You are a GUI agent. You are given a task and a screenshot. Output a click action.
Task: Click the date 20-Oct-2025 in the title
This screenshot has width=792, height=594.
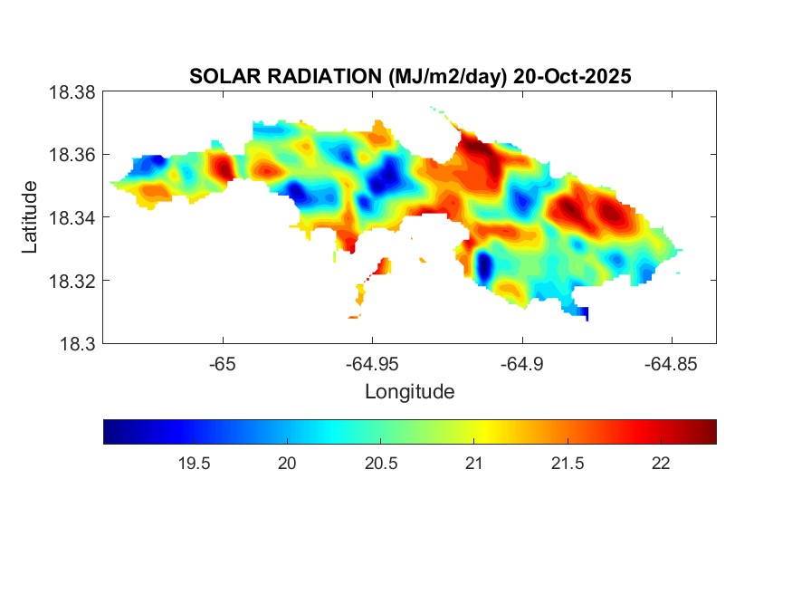click(572, 77)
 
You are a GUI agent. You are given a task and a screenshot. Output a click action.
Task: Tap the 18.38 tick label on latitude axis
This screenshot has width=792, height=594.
click(72, 92)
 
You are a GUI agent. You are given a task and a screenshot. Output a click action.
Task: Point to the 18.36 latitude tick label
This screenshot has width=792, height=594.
click(72, 155)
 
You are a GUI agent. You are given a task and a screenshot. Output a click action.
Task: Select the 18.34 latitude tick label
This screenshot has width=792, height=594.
click(72, 217)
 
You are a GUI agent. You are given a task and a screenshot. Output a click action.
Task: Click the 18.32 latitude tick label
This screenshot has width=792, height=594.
click(72, 281)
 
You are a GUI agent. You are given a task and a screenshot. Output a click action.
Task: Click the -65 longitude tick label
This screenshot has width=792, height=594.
click(222, 364)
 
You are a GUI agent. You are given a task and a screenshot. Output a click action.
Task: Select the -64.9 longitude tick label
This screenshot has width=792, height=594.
click(520, 364)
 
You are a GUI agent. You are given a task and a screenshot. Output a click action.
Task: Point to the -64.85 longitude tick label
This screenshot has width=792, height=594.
click(670, 364)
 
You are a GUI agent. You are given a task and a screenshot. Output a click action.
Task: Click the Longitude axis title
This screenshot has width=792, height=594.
click(409, 392)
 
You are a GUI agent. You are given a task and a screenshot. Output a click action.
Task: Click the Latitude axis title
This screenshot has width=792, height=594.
click(31, 217)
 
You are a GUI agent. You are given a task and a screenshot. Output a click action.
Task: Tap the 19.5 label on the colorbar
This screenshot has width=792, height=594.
click(195, 464)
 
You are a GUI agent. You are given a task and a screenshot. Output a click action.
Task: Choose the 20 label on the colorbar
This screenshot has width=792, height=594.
click(288, 464)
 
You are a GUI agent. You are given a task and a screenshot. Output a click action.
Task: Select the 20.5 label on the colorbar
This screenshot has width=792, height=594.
click(381, 464)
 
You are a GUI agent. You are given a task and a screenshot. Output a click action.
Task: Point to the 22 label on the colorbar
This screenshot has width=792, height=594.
click(661, 464)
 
